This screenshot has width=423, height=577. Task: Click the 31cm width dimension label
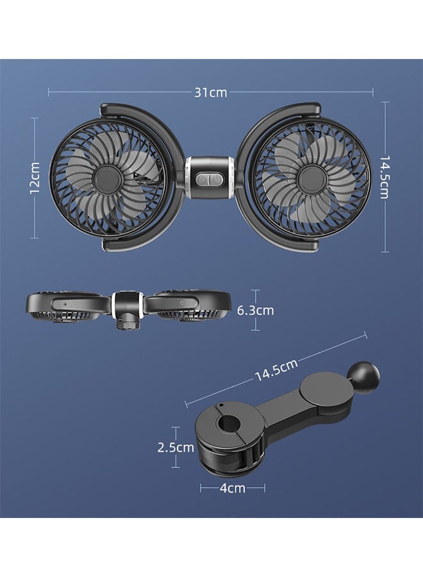pos(211,92)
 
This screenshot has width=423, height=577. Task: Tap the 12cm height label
pos(35,178)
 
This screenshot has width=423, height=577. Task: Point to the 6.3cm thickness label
pos(255,310)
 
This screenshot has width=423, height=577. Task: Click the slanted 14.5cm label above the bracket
pos(276,371)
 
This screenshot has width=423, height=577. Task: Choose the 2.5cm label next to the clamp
pos(176,447)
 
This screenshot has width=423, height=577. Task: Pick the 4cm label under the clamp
pos(232,488)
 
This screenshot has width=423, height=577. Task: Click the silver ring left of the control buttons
pos(188,179)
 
